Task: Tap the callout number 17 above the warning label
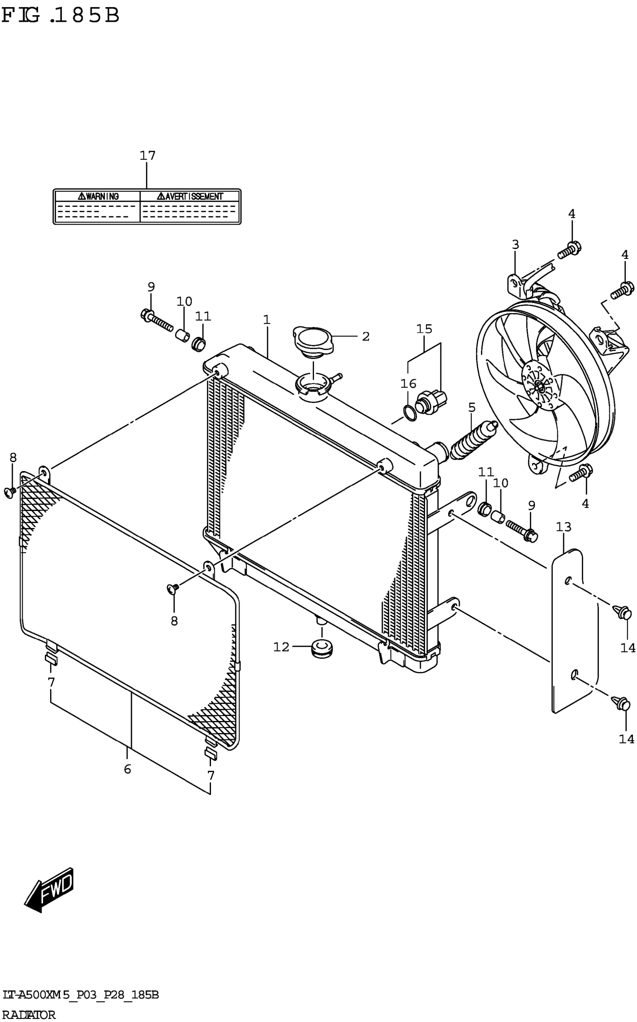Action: [148, 156]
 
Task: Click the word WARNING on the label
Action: [99, 196]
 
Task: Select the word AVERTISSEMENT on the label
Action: [190, 196]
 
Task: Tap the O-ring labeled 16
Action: [410, 413]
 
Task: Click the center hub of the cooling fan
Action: [539, 384]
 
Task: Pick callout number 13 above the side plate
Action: [563, 527]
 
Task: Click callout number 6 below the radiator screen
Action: [127, 769]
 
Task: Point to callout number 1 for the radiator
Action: [267, 320]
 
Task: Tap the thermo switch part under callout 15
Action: [431, 400]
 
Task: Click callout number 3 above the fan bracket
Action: [515, 244]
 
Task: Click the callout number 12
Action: [281, 646]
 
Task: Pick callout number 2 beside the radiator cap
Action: [365, 336]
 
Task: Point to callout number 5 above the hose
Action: [471, 408]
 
